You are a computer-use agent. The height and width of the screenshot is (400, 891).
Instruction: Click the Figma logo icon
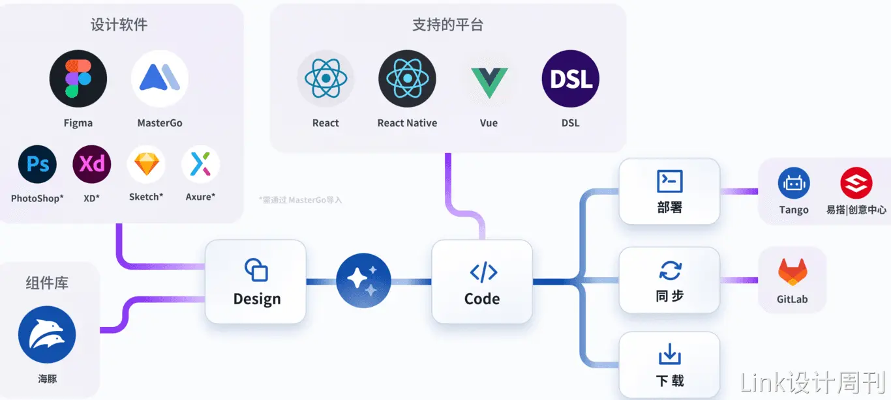coord(78,79)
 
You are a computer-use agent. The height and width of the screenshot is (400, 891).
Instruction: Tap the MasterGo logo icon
coord(160,79)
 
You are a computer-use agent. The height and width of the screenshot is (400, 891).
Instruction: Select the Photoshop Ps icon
coord(37,164)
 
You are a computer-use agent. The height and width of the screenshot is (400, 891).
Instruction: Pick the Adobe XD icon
coord(92,164)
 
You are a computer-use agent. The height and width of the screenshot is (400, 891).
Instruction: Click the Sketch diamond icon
coord(146,164)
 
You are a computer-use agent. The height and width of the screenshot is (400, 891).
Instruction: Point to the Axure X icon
coord(200,164)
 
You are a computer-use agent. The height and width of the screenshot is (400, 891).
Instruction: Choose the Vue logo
coord(489,79)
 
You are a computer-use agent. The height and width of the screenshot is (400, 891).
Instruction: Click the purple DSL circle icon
coord(571,79)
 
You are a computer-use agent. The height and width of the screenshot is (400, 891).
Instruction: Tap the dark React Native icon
coord(407,79)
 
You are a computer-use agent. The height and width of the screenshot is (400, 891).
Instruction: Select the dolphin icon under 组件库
coord(47,335)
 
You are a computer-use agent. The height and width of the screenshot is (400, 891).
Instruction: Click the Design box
coord(256,281)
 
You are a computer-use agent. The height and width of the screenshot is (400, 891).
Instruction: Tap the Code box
coord(482,281)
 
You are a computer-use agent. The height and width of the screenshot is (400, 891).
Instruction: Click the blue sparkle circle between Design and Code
coord(363,281)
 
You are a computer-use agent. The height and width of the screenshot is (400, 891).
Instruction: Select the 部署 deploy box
coord(669,191)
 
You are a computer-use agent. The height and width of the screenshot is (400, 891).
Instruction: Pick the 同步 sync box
coord(669,280)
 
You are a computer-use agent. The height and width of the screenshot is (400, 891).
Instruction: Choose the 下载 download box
coord(669,365)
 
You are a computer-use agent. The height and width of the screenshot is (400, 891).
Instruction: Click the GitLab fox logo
coord(793,272)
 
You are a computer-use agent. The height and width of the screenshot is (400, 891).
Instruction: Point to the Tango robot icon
coord(794,183)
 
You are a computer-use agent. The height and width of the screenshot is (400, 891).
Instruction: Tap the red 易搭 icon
coord(856,183)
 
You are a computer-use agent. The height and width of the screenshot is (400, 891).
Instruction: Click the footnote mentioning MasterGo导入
coord(300,200)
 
